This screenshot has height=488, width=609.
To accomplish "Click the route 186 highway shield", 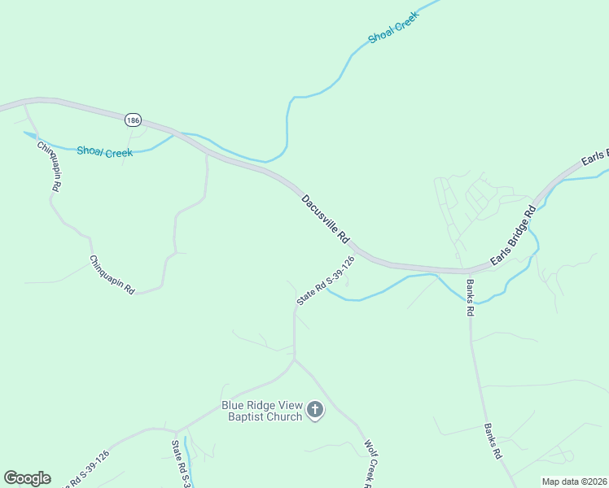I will (133, 120).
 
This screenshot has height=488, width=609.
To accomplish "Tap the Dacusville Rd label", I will (326, 220).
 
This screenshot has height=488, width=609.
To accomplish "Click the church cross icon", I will (316, 411).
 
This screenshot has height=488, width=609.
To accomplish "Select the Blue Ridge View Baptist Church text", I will (262, 411).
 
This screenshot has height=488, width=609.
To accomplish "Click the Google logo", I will (27, 478).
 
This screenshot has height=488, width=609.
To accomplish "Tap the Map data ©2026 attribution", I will (575, 481).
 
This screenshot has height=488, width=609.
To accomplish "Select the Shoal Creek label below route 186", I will (104, 151).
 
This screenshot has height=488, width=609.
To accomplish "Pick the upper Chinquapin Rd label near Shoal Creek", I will (49, 166).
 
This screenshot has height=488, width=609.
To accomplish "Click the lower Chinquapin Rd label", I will (112, 274).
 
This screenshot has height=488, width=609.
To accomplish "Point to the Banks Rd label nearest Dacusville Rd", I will (471, 298).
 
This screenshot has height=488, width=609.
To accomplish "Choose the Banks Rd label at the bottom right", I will (492, 442).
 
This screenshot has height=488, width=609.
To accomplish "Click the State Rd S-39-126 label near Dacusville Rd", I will (326, 281).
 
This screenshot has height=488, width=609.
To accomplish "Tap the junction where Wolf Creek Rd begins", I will (294, 360).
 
